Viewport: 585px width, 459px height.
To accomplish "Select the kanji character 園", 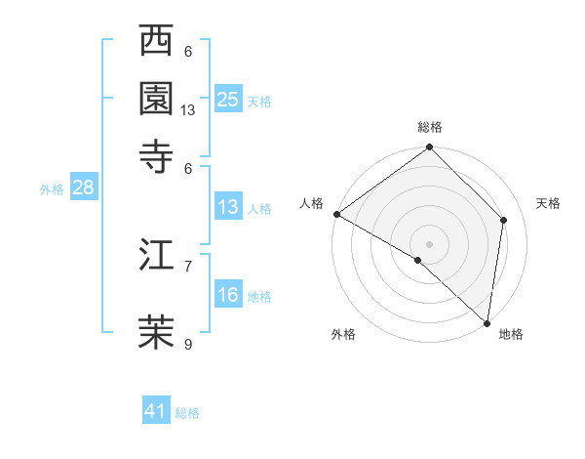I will (158, 98).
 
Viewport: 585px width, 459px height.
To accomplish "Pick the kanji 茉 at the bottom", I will (158, 331).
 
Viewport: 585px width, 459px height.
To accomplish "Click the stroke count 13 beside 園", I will (188, 110).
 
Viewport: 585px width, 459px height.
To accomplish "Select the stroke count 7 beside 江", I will (188, 265).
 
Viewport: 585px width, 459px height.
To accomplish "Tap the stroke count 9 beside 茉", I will (188, 343).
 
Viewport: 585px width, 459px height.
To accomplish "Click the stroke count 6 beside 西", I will (188, 51).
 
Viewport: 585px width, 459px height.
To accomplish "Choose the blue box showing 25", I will (228, 99).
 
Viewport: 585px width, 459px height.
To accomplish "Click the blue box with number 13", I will (228, 207).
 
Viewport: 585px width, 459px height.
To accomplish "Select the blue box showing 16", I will (228, 295).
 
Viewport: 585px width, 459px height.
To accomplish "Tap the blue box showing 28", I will (83, 188).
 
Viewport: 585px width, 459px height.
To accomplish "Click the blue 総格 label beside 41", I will (187, 413).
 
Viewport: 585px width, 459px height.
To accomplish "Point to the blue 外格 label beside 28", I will (52, 190).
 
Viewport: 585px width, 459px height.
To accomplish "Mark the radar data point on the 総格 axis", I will (430, 148).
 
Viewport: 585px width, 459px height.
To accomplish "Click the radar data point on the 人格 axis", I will (336, 214).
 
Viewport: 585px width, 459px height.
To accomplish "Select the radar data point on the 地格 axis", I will (487, 322).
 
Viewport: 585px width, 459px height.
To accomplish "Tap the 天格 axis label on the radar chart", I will (548, 203).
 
